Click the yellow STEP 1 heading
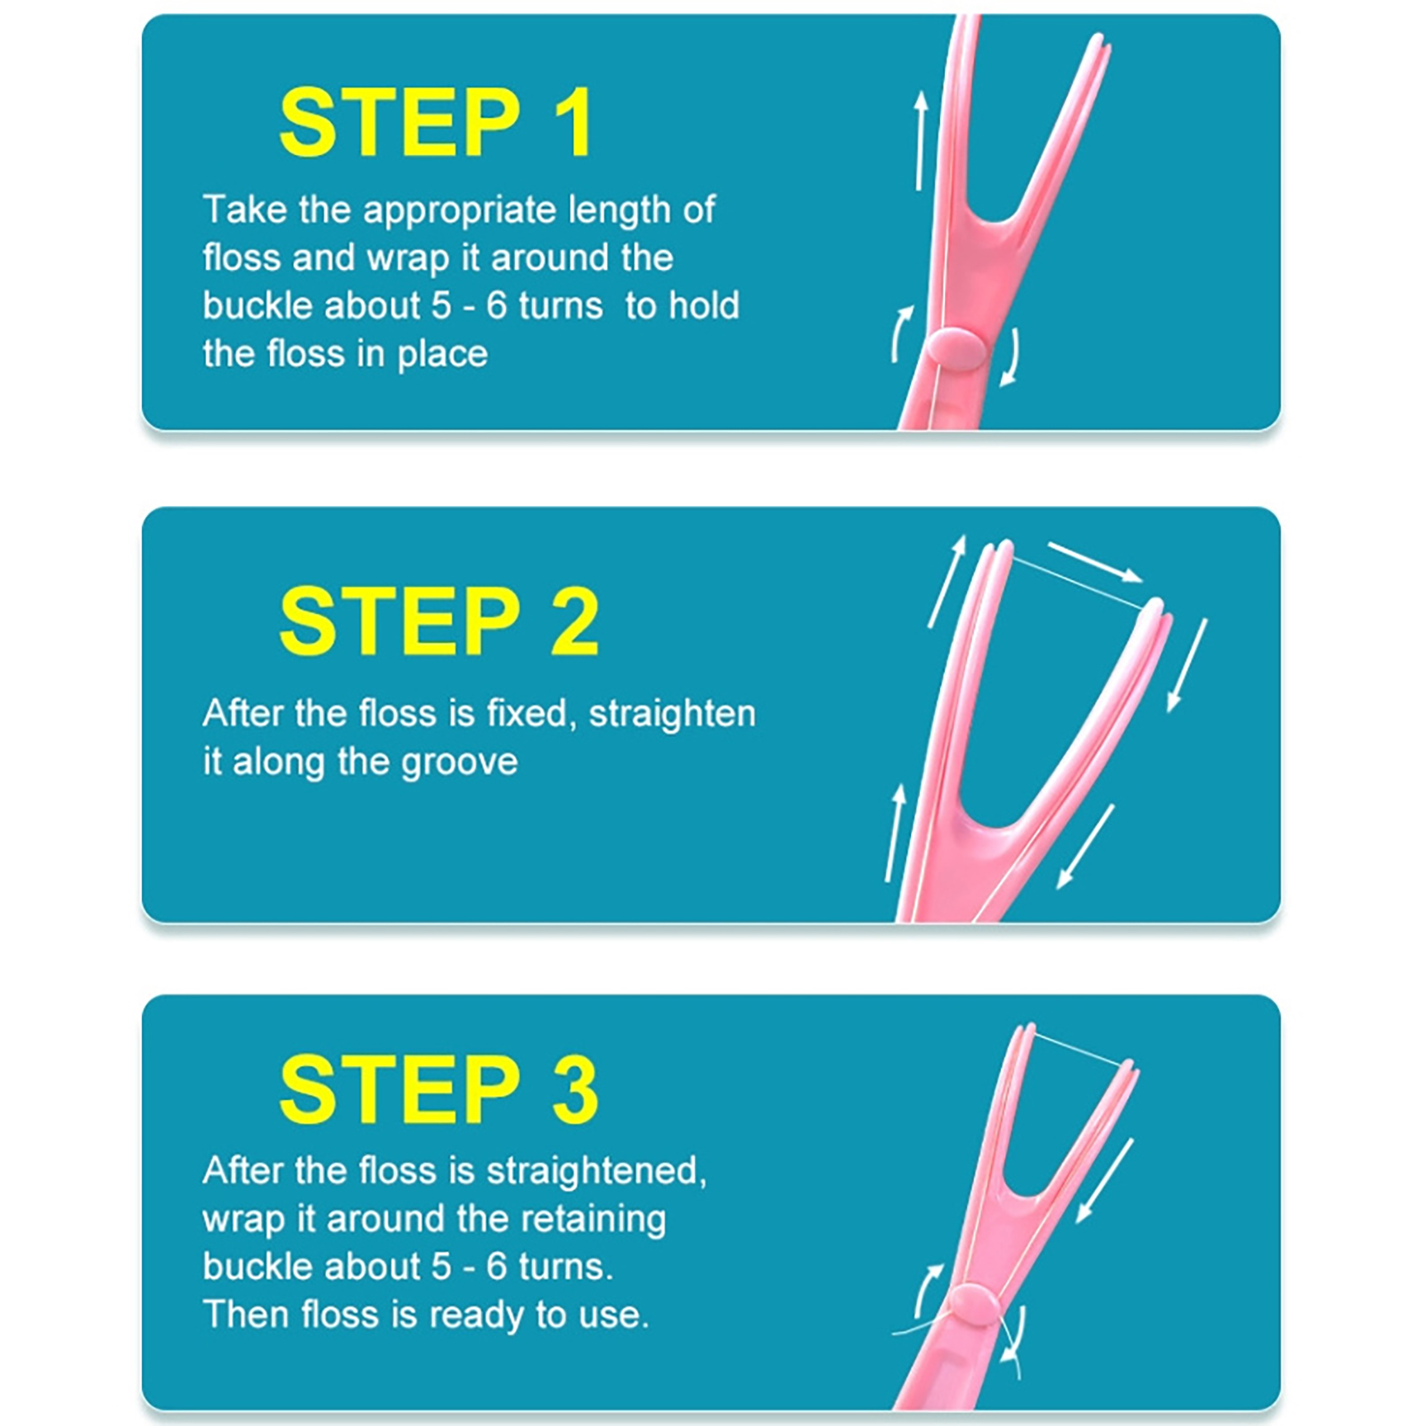(436, 122)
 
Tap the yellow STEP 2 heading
(438, 621)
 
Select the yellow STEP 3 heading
(438, 1088)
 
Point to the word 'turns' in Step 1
(561, 306)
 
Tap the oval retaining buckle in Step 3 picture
(974, 1305)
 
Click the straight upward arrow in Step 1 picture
(921, 140)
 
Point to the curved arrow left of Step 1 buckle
(902, 333)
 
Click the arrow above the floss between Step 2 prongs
(1094, 561)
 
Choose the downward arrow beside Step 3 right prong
(1104, 1180)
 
